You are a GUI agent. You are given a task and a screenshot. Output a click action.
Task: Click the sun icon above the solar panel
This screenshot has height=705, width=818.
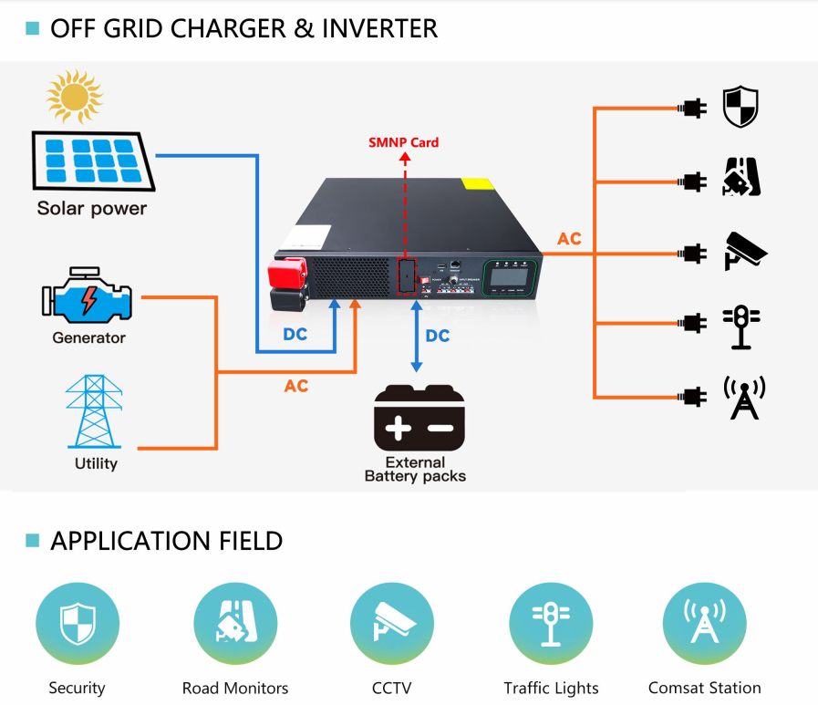point(74,97)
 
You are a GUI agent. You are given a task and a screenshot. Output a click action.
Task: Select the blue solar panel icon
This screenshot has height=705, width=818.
point(93,161)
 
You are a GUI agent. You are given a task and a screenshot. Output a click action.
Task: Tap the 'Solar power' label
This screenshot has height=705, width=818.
point(91,209)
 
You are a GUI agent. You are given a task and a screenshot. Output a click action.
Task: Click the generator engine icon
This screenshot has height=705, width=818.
point(88,297)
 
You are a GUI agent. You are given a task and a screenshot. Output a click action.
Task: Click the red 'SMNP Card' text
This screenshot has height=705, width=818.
point(403,142)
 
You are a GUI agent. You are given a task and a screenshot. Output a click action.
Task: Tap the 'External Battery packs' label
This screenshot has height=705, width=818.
point(415,469)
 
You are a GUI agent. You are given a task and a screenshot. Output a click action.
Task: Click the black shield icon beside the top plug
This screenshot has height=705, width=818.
point(740,108)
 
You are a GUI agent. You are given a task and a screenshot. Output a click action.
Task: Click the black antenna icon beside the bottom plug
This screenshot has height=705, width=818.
point(744,397)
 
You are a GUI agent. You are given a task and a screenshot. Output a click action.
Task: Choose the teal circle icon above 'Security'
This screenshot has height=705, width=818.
point(77,625)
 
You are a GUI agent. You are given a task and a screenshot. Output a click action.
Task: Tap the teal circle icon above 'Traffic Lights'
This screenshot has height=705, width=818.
point(551,625)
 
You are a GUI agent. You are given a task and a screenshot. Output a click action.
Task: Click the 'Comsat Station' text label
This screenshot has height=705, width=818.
point(704,688)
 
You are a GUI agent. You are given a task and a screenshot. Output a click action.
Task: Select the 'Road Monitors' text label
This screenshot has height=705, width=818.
point(235,688)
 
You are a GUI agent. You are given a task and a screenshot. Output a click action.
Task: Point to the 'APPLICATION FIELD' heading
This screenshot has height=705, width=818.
point(166,541)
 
